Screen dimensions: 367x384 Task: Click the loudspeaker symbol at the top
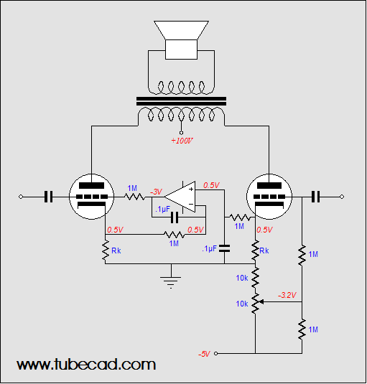point(181,40)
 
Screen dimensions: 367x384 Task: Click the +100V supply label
point(182,141)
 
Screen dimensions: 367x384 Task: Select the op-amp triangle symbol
point(180,197)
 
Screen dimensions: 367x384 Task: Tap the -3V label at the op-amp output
point(156,192)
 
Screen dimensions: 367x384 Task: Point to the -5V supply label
point(204,354)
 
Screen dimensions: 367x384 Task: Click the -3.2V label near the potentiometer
point(287,295)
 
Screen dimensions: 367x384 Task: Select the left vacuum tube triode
point(92,197)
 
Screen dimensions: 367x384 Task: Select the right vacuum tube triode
point(269,197)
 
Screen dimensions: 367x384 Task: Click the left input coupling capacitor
point(49,197)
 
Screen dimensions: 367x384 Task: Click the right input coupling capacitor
point(315,197)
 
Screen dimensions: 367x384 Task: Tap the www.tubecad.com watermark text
point(86,365)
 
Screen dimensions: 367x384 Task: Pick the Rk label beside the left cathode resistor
point(116,250)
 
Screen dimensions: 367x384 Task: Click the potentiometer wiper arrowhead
point(261,302)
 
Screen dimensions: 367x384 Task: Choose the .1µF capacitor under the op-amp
point(175,217)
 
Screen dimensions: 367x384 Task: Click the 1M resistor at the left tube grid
point(134,197)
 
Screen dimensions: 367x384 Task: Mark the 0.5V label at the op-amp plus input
point(211,185)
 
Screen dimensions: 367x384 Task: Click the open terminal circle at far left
point(21,197)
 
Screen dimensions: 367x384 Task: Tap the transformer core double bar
point(181,101)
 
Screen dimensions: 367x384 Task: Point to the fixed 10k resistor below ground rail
point(255,278)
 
